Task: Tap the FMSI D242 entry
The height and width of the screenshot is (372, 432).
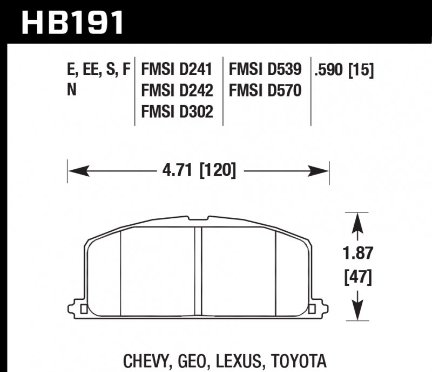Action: click(177, 90)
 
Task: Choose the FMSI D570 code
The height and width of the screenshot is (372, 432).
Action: click(265, 90)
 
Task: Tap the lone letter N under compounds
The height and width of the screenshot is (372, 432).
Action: click(71, 90)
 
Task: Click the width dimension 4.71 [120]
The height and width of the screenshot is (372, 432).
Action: click(199, 171)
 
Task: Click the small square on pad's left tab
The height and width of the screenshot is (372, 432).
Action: click(83, 308)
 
